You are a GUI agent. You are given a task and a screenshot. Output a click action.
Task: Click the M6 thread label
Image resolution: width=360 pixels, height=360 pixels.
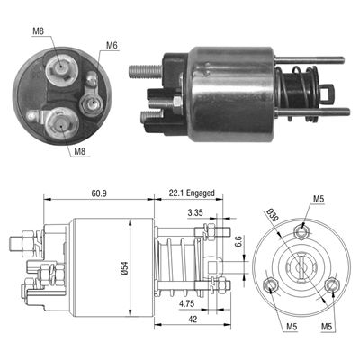(x=112, y=45)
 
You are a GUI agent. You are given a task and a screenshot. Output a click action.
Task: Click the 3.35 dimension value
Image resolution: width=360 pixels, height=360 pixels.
(x=193, y=214)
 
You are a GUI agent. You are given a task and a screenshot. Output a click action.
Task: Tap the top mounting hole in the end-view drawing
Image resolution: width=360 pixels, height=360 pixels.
(x=301, y=229)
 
